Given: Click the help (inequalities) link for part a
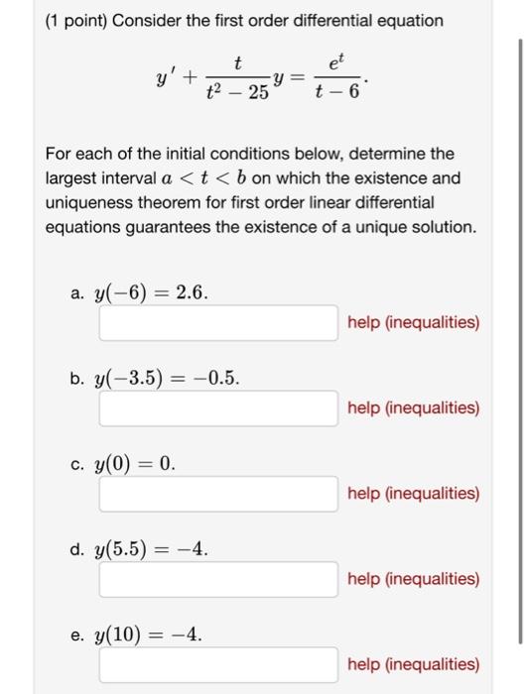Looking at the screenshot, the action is [414, 322].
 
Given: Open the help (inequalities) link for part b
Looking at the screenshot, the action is [414, 407].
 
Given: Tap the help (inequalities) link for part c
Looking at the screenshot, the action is [414, 493].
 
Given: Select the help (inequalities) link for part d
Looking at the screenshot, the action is [414, 578].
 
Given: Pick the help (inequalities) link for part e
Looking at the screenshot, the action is [414, 663].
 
